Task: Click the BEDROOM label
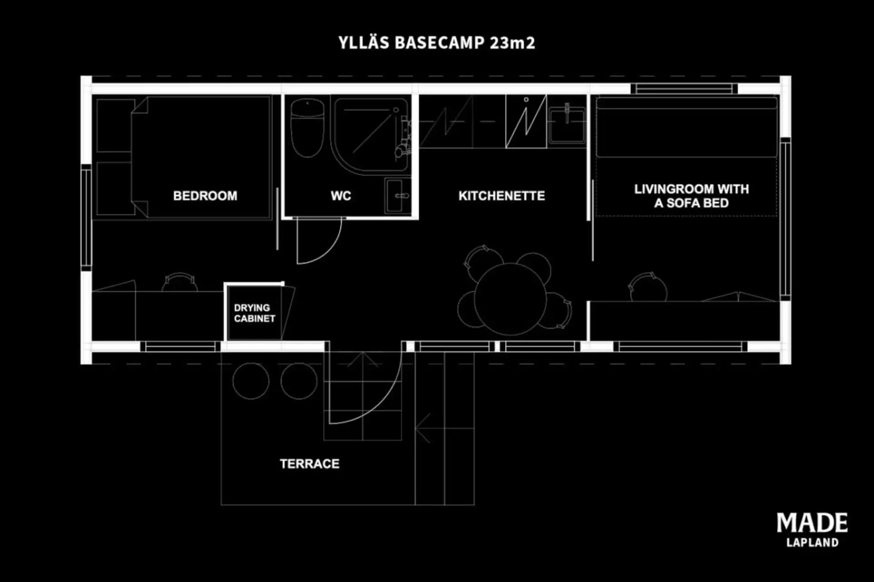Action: click(205, 196)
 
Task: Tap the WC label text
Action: click(341, 196)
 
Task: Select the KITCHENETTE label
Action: click(502, 196)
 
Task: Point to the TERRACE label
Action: click(310, 464)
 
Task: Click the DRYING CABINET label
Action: click(254, 313)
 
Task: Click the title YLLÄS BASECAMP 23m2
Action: click(437, 43)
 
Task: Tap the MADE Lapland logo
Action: click(812, 530)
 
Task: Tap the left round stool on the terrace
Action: click(251, 381)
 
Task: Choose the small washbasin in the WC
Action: click(397, 196)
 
